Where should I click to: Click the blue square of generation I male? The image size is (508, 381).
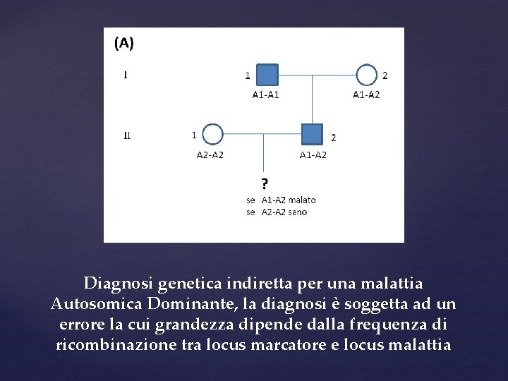(x=267, y=74)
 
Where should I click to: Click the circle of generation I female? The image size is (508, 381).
(x=366, y=75)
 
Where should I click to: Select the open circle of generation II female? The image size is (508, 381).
(x=212, y=134)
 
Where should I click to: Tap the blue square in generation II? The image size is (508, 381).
(x=312, y=134)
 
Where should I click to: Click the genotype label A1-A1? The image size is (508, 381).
(x=266, y=95)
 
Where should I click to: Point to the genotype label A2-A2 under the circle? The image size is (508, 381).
(x=210, y=155)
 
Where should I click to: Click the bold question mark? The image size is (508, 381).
(x=265, y=185)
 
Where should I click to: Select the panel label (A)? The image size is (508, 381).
(x=123, y=43)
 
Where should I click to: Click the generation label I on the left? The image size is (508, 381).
(x=126, y=73)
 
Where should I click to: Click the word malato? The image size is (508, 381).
(x=302, y=200)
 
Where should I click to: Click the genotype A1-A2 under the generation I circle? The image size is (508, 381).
(x=366, y=95)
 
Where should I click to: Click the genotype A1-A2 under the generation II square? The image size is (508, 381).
(x=313, y=155)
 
